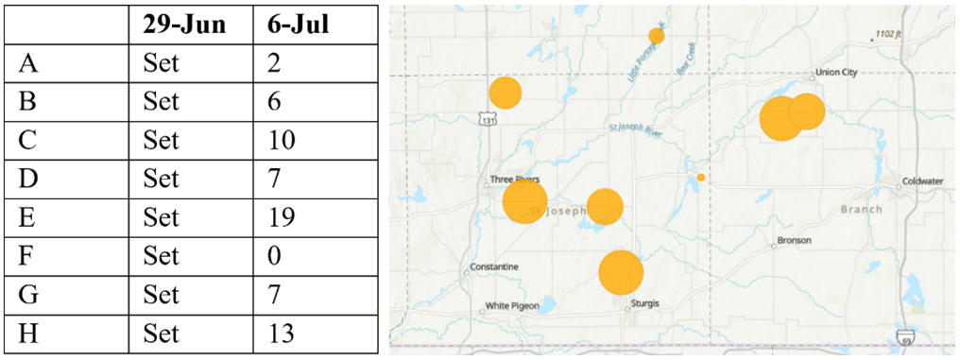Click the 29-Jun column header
(x=184, y=26)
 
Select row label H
(x=28, y=334)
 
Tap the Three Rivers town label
(x=514, y=179)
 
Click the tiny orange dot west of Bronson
(x=701, y=178)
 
